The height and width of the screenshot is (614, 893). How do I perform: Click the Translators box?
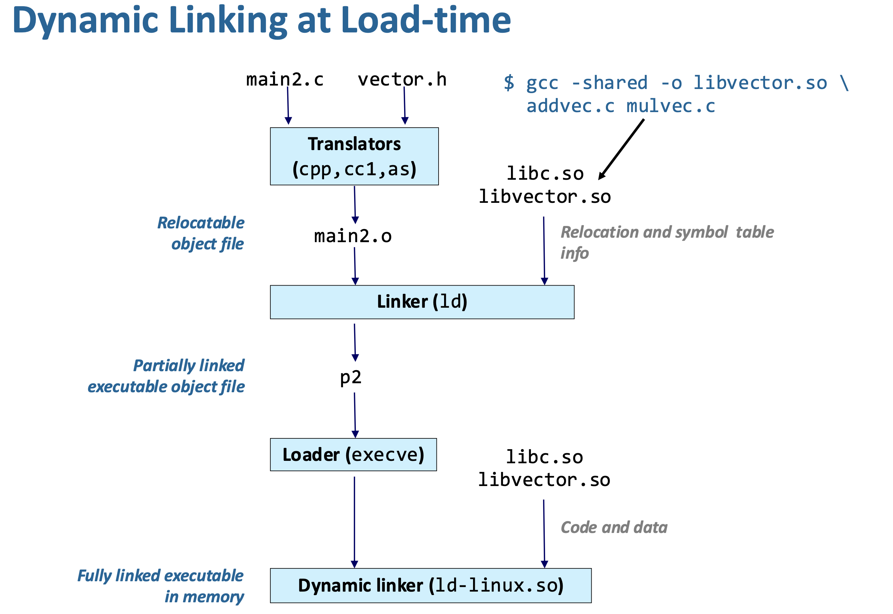tap(354, 156)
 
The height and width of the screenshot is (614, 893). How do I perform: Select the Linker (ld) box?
tap(422, 302)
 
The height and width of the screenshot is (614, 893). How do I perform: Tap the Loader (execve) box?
tap(353, 454)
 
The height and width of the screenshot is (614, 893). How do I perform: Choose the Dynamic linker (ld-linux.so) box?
tap(431, 585)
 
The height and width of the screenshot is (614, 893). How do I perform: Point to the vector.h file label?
tap(402, 80)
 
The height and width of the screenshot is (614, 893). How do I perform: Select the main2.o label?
tap(353, 236)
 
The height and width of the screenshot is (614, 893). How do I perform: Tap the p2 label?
tap(351, 377)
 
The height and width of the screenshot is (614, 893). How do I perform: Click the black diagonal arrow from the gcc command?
tap(621, 149)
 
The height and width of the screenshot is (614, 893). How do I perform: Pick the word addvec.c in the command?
tap(571, 106)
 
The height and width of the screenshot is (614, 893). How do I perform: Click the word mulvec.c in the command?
tap(671, 106)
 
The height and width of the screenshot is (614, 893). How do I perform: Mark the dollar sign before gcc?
tap(509, 83)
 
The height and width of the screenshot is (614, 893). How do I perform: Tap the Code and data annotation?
tap(614, 527)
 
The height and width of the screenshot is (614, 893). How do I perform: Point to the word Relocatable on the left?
tap(201, 223)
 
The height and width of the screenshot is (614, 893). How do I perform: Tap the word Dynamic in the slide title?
tap(86, 21)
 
